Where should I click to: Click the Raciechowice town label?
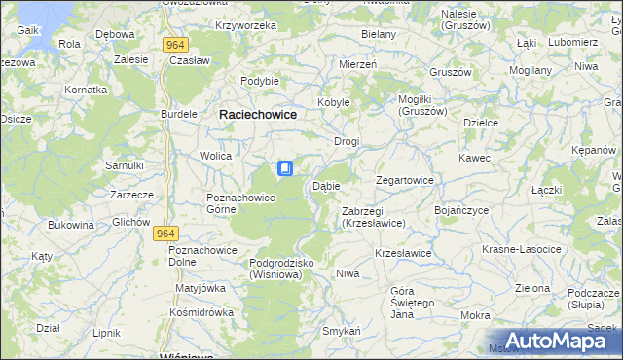(x=258, y=114)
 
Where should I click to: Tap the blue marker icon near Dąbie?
(x=285, y=169)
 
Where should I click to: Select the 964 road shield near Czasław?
(x=175, y=44)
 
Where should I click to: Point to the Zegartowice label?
(x=405, y=181)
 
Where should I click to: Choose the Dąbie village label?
(x=325, y=186)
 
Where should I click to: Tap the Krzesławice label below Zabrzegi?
(x=403, y=253)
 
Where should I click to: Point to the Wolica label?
(x=215, y=156)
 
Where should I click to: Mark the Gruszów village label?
(x=450, y=73)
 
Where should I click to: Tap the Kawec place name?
(x=475, y=158)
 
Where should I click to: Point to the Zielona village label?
(x=532, y=288)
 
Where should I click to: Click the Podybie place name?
(x=261, y=81)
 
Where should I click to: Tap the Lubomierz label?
(x=573, y=43)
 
